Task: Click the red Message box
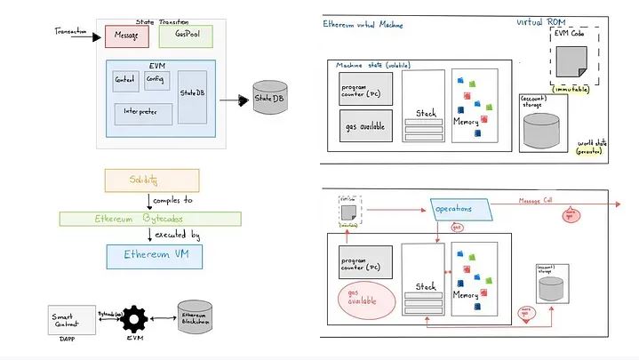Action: [125, 36]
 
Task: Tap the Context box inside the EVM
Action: [126, 79]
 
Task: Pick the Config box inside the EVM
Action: [156, 79]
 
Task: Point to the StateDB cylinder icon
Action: [269, 99]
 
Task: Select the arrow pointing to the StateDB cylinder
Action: [233, 100]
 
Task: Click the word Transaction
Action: [72, 31]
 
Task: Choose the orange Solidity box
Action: [149, 180]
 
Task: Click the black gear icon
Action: [135, 318]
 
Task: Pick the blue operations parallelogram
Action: [460, 210]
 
